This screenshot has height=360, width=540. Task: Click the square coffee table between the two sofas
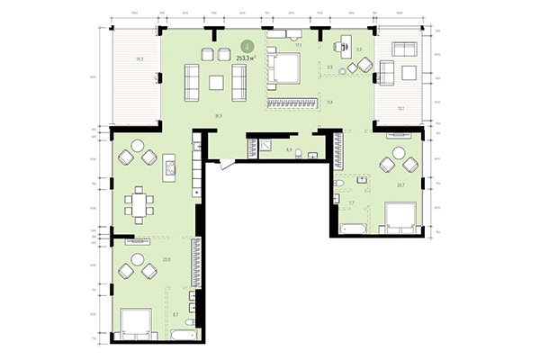tap(216, 83)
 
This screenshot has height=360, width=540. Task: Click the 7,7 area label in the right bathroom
tap(351, 204)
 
